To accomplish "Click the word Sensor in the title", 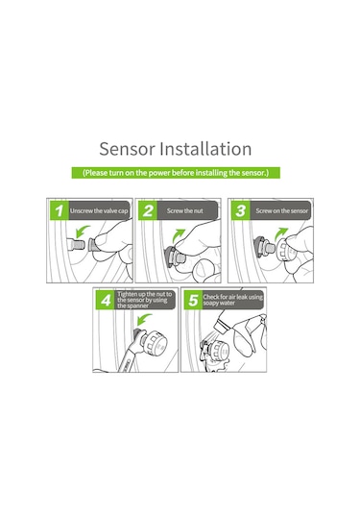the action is click(127, 149).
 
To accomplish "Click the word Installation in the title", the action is click(205, 149).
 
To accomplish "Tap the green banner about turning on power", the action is click(176, 173).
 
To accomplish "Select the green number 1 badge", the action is click(59, 210).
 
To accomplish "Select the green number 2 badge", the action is click(148, 210).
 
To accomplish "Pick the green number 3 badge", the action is click(240, 210).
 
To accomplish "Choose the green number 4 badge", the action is click(106, 300).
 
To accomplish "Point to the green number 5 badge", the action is click(193, 300).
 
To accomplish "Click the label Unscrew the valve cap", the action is click(99, 210).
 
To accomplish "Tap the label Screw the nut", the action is click(185, 210).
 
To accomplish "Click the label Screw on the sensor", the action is click(282, 210).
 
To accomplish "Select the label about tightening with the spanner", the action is click(144, 300).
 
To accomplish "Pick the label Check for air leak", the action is click(233, 300).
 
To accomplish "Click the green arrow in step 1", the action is click(82, 231).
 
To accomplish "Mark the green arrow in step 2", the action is click(179, 235).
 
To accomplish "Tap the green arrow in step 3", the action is click(280, 233).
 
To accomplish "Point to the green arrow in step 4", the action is click(143, 319).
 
